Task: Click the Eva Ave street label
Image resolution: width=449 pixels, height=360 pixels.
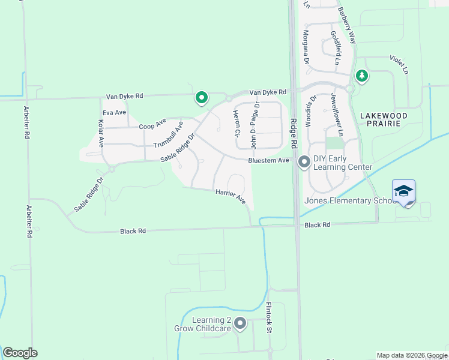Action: pos(114,113)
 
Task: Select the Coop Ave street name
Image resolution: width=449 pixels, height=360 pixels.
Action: pos(152,124)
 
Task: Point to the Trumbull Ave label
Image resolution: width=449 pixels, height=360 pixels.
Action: pos(168,134)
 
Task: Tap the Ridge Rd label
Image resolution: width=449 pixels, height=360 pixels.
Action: pos(294,132)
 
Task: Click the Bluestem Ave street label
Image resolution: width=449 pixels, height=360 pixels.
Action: pos(269,161)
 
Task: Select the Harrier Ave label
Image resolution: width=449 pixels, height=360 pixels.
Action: pos(231,196)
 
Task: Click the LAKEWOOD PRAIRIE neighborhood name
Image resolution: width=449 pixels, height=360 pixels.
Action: pos(384,119)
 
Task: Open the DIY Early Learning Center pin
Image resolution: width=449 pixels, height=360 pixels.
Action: pos(304,161)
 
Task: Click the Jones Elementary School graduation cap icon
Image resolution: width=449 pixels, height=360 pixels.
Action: pos(403,191)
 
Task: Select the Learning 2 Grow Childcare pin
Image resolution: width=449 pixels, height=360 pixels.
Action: pos(240,323)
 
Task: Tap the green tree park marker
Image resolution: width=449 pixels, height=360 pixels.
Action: pos(361,76)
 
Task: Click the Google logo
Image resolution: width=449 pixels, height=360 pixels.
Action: pos(20,353)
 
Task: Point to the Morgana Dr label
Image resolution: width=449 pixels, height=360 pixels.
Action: pos(306,47)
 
